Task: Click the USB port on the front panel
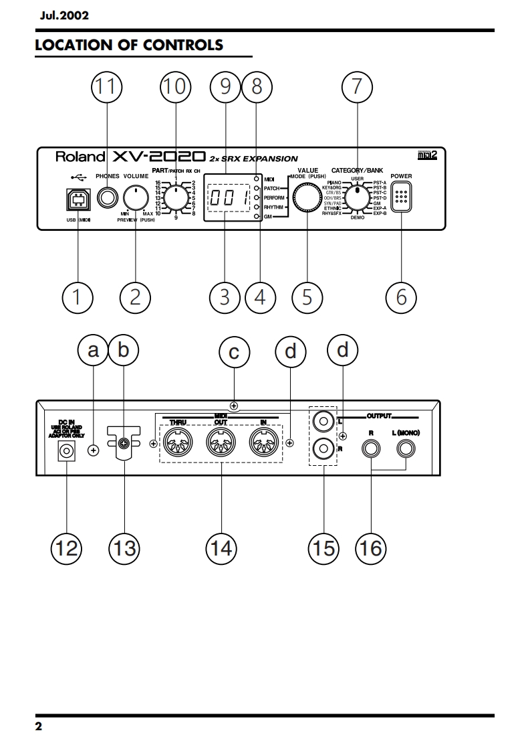[x=78, y=198]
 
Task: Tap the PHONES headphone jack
[x=106, y=197]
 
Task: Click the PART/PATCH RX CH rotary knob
[x=176, y=197]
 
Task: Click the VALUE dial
[x=307, y=199]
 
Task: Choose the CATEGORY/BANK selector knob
[x=358, y=197]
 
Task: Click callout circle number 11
[x=106, y=86]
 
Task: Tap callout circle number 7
[x=356, y=86]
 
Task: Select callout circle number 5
[x=307, y=297]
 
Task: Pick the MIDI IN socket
[x=263, y=442]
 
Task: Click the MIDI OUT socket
[x=221, y=442]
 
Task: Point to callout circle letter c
[x=234, y=352]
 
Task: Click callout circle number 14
[x=221, y=548]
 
